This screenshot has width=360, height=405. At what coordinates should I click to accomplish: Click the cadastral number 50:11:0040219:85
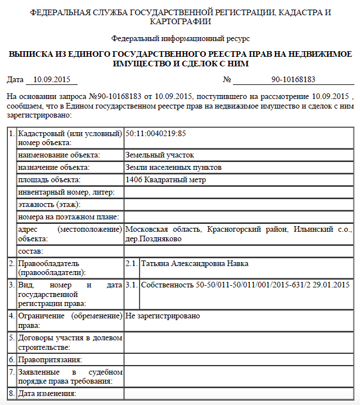point(156,134)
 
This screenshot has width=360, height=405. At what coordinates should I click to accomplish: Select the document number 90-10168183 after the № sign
point(293,79)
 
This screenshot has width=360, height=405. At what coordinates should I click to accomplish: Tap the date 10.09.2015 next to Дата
point(50,79)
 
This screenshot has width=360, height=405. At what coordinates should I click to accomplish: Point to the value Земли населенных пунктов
point(173,168)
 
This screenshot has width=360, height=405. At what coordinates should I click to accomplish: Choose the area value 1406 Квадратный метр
point(166,180)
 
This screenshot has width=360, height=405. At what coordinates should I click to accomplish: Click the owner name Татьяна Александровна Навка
point(195,264)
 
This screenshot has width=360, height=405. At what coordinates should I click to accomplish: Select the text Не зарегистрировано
point(163,316)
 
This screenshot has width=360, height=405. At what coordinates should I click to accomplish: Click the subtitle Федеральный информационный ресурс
point(180,39)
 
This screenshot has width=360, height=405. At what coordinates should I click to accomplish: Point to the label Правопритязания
point(51,359)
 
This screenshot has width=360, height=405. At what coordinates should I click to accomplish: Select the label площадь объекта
point(49,180)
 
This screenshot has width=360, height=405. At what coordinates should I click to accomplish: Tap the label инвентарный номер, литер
point(66,192)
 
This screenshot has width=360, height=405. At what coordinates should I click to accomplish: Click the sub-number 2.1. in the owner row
point(131,264)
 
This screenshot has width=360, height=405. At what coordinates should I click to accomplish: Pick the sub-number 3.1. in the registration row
point(131,285)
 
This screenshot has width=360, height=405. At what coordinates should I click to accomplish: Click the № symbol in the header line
point(228,79)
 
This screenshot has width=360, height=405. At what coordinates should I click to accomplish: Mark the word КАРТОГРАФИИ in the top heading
point(180,21)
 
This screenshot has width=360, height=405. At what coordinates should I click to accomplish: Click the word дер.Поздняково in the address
point(153,238)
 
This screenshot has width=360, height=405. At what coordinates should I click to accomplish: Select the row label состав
point(30,251)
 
